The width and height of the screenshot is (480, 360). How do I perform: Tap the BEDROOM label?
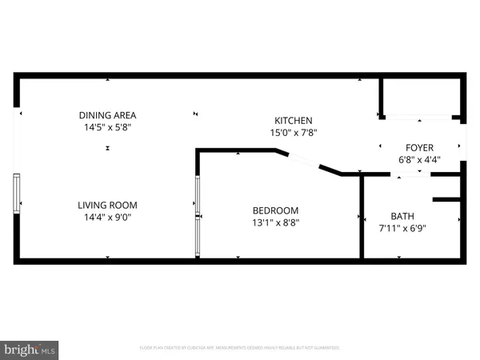pos(272,210)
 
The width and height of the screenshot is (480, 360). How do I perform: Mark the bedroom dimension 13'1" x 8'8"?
pos(272,223)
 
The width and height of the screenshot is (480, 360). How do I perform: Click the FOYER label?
pos(419,147)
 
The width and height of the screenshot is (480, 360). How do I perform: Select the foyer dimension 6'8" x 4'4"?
pos(419,160)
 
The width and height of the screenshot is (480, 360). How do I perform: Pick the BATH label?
pos(402,216)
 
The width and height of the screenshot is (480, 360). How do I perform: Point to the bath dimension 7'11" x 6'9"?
pos(402,229)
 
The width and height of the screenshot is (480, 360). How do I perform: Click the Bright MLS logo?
pos(30,349)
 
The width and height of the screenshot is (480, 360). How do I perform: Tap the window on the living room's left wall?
pos(16,194)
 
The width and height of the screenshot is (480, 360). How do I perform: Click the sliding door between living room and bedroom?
pos(197,217)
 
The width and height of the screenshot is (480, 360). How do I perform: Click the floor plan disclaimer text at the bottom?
pos(240,348)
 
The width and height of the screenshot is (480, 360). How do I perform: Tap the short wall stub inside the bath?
pos(447,198)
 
